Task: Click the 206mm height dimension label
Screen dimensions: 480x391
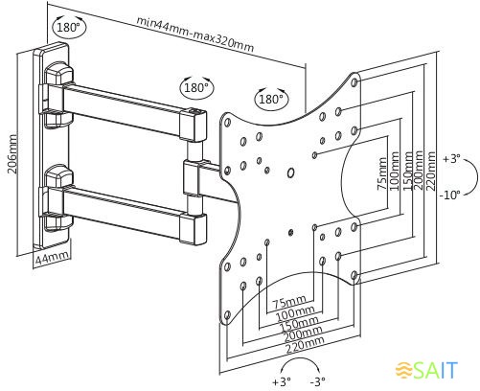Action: click(11, 154)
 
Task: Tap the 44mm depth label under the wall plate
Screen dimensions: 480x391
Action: click(52, 258)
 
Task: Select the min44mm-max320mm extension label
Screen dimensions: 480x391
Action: click(195, 34)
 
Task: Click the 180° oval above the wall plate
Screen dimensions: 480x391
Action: click(69, 27)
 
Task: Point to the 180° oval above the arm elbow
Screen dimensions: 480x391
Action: click(196, 87)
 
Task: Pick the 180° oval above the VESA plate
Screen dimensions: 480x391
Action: click(271, 99)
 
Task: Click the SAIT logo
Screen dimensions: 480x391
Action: click(427, 370)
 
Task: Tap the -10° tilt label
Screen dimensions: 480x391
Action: click(449, 195)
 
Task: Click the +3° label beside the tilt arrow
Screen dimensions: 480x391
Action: click(451, 159)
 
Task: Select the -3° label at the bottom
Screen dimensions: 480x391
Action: click(318, 381)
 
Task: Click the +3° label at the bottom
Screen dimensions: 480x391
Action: click(281, 381)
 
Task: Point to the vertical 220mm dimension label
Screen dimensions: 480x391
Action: click(431, 171)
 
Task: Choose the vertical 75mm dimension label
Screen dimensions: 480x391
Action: click(382, 174)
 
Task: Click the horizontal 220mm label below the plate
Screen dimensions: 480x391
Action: click(305, 345)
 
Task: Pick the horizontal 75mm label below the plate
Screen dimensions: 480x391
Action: click(290, 302)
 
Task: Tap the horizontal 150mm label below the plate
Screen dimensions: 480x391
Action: click(299, 323)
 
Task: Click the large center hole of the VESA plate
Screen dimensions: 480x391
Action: click(290, 172)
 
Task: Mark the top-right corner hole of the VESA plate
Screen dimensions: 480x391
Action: click(354, 82)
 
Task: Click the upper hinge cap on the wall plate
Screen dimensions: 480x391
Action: click(58, 73)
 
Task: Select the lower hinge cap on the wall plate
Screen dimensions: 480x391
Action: click(58, 175)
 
